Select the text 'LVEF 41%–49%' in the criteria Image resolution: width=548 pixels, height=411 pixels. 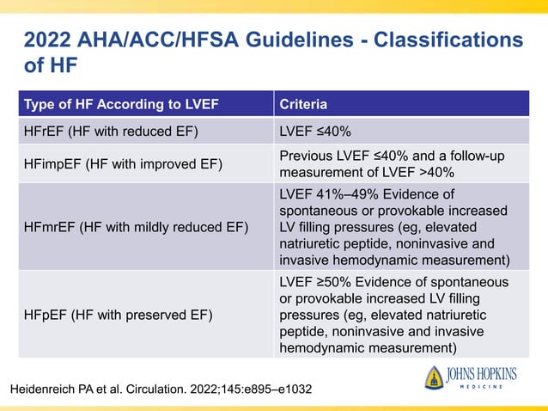323,194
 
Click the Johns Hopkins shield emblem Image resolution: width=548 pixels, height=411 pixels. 435,378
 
